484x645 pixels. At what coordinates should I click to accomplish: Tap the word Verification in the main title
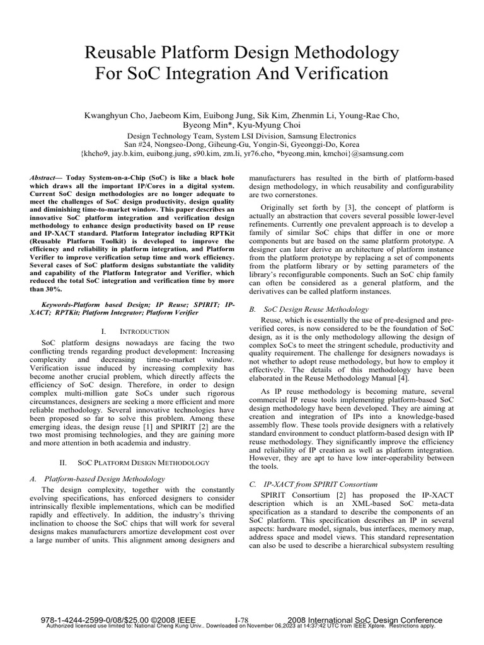[x=334, y=73]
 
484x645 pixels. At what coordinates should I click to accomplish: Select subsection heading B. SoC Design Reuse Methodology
[x=309, y=309]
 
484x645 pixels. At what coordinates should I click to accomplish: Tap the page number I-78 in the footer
[x=242, y=620]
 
